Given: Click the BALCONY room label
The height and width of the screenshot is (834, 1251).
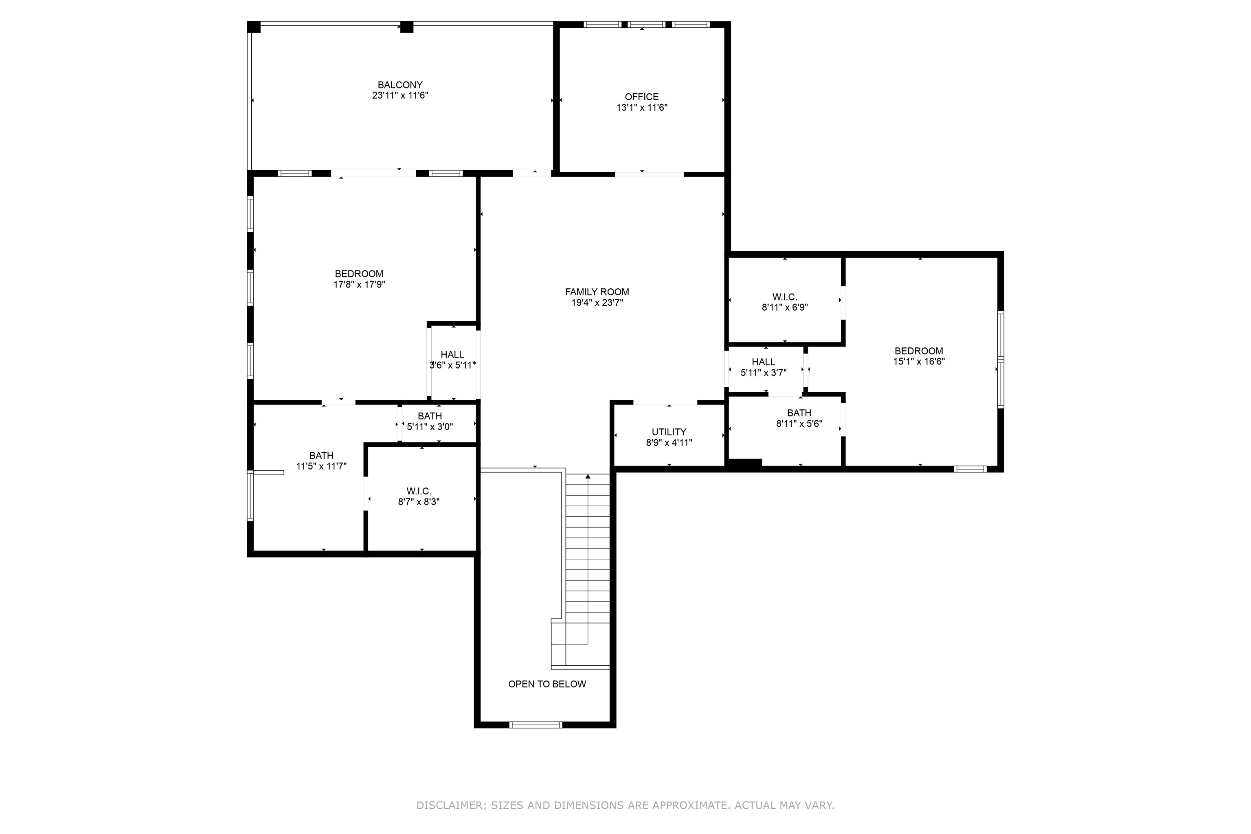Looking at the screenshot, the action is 400,85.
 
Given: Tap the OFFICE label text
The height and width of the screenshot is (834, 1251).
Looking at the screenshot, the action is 641,97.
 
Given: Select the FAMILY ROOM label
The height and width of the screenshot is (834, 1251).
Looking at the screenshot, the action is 597,292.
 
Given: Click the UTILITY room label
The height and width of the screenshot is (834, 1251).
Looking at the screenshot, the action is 669,432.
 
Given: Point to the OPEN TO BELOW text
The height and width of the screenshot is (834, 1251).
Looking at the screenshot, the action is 547,684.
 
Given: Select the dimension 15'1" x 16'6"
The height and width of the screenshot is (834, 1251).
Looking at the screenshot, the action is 919,361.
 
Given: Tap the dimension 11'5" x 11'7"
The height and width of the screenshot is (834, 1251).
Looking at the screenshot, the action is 321,466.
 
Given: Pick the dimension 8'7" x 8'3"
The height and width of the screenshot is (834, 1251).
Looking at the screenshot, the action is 419,502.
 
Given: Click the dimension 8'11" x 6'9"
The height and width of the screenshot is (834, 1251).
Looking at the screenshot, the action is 785,307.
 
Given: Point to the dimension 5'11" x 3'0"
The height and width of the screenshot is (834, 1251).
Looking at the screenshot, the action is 430,427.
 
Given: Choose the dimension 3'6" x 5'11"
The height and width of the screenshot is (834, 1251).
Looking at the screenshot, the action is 452,365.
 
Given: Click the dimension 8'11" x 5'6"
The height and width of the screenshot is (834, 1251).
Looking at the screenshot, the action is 799,424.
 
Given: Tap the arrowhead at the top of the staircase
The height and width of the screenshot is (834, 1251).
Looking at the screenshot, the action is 588,476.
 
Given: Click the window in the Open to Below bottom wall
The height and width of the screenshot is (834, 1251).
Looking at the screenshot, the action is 536,724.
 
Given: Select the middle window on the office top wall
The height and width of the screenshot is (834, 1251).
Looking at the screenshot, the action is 646,24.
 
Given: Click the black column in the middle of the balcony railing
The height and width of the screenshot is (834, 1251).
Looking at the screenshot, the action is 406,27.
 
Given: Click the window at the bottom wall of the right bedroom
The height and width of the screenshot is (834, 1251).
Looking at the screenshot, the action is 970,469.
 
